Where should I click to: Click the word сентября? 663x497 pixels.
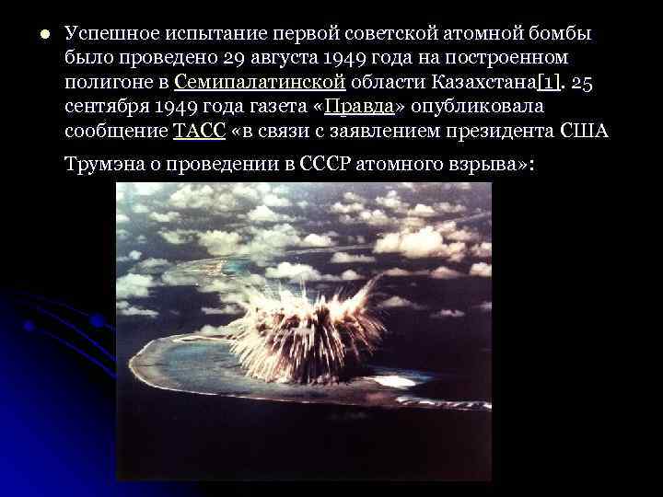click(106, 106)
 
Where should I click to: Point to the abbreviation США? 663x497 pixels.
click(586, 130)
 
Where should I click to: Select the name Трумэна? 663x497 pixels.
click(102, 165)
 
